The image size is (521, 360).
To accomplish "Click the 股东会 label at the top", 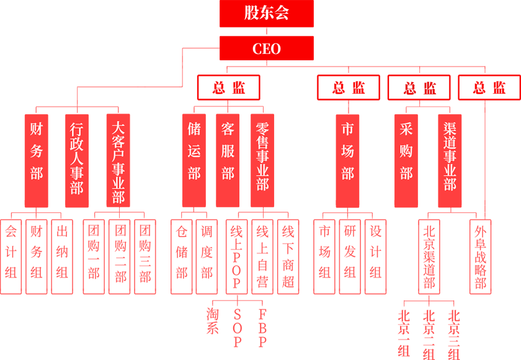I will pos(267,12).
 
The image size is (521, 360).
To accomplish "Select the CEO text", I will pos(267,49).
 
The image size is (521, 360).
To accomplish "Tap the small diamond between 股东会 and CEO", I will pos(267,31).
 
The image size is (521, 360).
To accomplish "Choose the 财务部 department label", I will pos(37,151).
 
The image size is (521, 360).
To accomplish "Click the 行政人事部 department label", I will pos(76,158).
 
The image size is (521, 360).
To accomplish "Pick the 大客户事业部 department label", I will pos(118,162).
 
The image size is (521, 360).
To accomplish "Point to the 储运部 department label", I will pos(194,151).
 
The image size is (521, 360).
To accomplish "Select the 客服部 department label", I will pos(228,151).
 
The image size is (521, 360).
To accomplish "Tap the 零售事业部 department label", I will pos(262,156).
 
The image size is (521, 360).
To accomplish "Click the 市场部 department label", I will pos(347,151).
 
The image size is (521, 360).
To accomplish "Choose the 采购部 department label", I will pos(406,151).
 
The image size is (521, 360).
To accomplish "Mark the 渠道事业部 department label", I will pos(450,156).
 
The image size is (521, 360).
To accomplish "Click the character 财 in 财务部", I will pos(37,129).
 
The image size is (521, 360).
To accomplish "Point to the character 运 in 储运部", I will pos(194,151).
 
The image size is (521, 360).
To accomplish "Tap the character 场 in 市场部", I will pos(347,151).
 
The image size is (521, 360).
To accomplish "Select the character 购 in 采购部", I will pos(406,151).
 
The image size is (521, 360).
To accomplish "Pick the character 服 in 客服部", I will pos(228,151).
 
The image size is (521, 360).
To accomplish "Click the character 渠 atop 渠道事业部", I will pos(450,128).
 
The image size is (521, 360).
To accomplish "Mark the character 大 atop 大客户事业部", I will pos(118,128).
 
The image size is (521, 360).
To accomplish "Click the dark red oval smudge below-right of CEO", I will pos(419,88).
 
